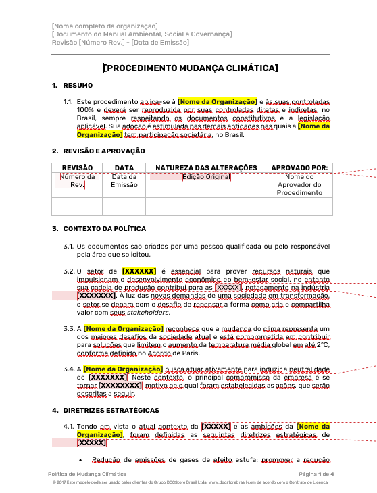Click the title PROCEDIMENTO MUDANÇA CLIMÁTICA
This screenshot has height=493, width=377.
[x=190, y=68]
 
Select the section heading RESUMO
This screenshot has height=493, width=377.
[x=77, y=86]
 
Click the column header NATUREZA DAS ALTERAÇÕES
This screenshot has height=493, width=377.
[x=206, y=167]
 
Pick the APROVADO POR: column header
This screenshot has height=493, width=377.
[x=299, y=167]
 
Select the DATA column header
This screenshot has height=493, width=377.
[x=124, y=167]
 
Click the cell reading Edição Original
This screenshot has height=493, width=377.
[x=206, y=177]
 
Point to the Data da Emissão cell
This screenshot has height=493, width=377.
[x=124, y=181]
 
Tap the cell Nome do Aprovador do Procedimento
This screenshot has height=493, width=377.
[x=299, y=185]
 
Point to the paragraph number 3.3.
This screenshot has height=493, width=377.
[x=68, y=328]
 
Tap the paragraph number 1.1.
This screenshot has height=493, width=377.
[x=68, y=101]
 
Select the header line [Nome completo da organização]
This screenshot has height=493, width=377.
[x=105, y=26]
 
